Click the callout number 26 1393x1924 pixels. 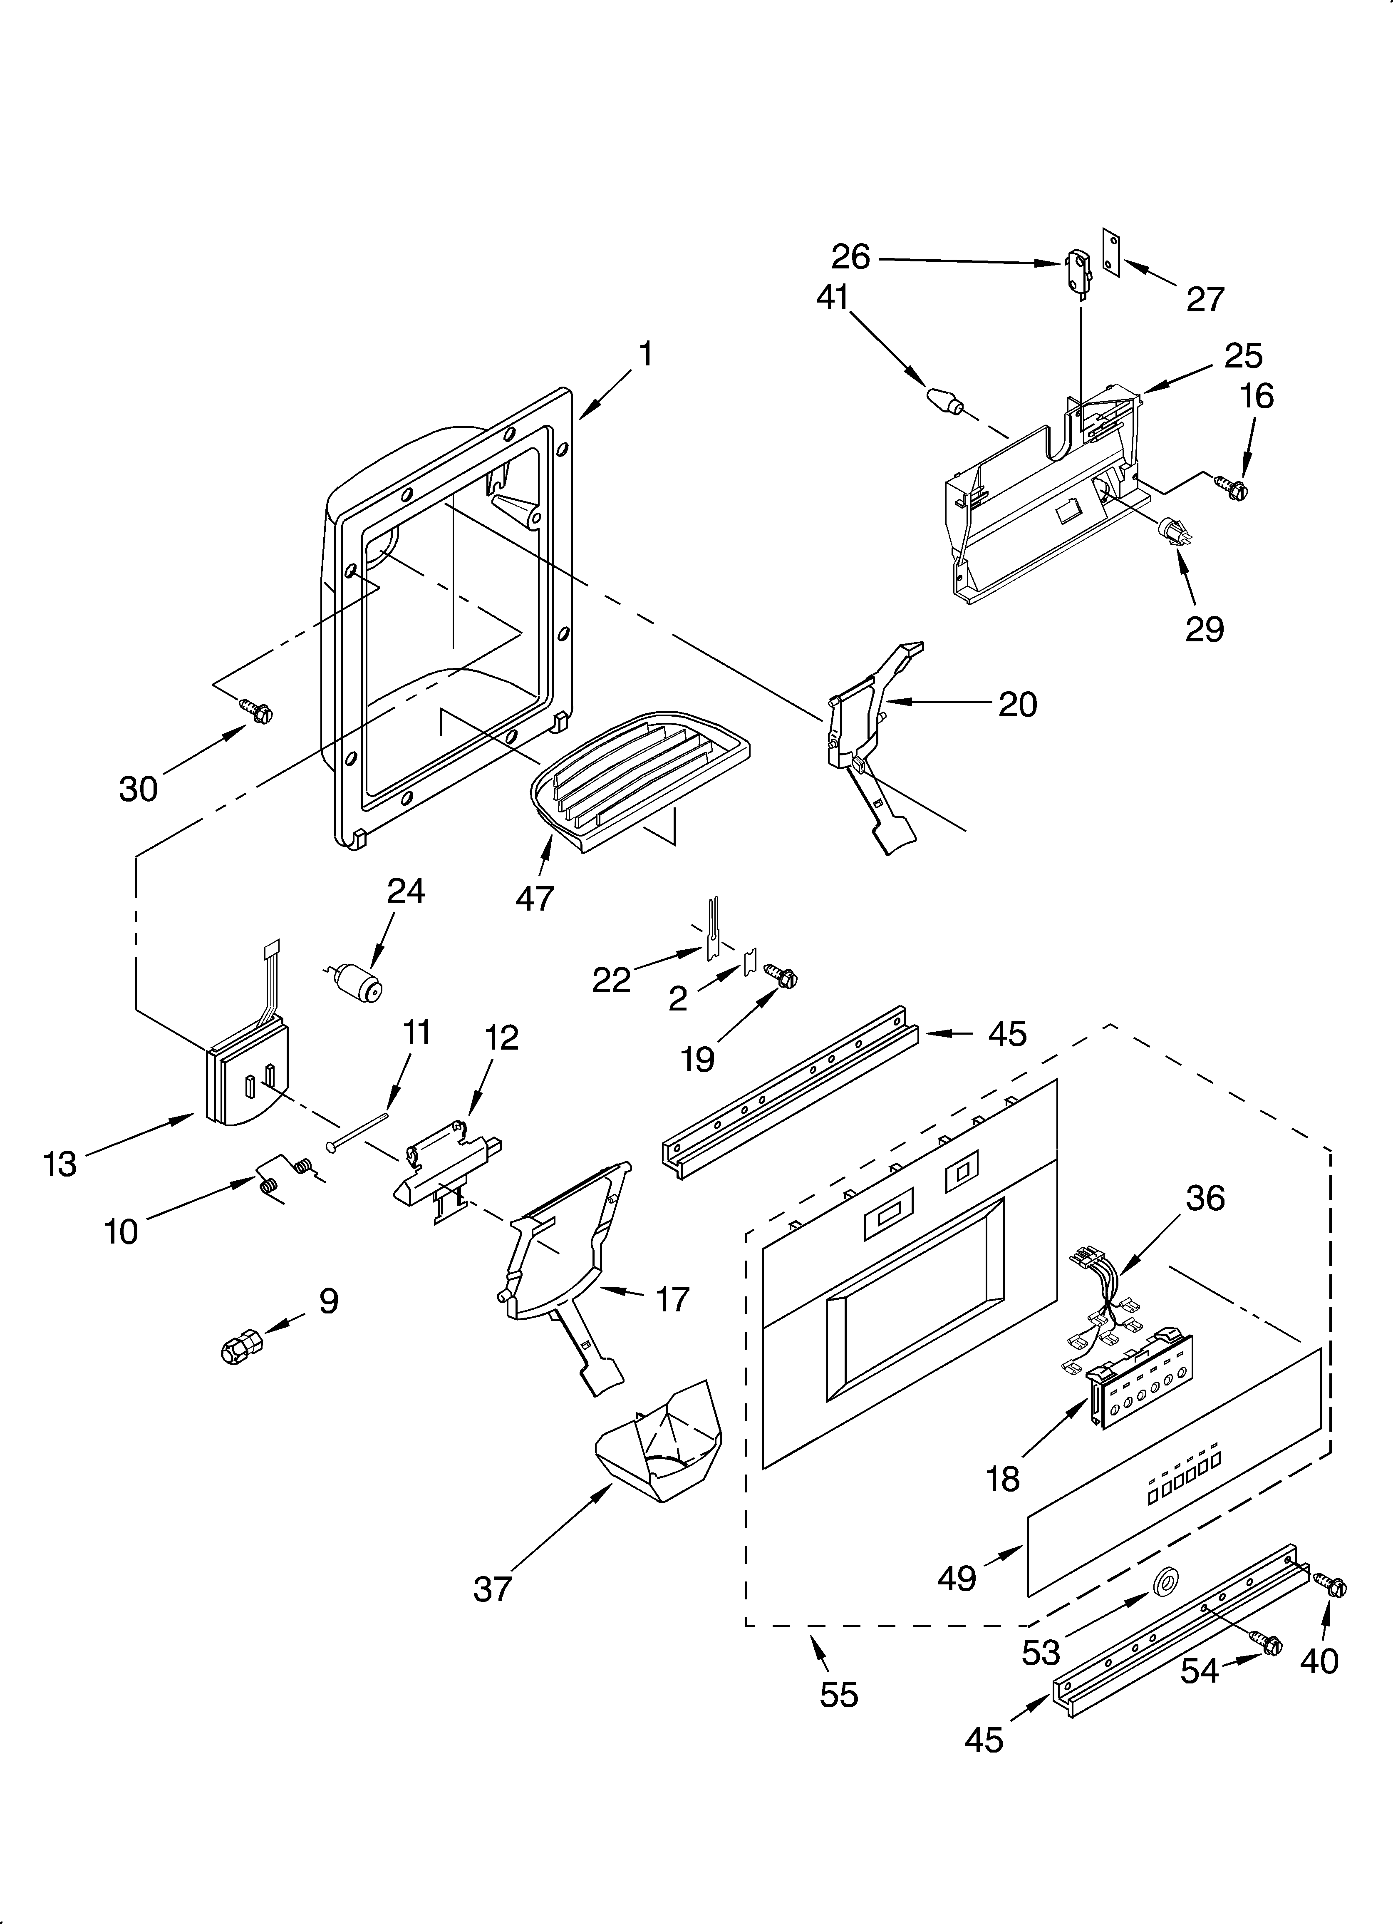click(850, 256)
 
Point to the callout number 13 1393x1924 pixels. click(59, 1164)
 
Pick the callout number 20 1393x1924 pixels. click(1017, 704)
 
